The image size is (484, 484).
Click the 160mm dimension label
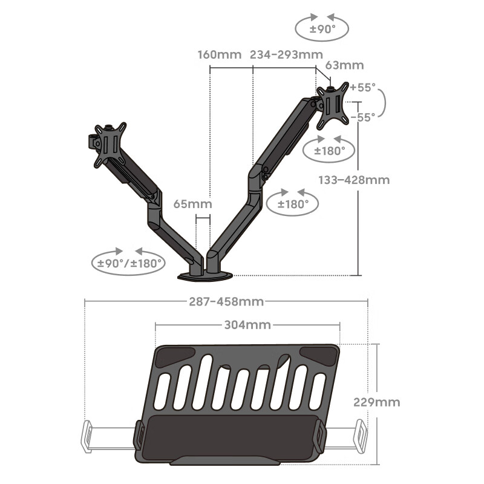220,54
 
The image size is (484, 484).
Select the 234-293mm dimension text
286,54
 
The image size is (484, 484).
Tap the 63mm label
344,65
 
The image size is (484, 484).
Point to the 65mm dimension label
192,204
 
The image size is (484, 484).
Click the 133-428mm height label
354,180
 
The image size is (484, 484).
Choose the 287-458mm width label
226,301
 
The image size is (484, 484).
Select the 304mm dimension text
247,325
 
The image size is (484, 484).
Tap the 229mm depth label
376,402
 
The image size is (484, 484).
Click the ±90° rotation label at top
322,29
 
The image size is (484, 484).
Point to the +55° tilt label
362,87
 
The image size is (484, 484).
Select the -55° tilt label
363,117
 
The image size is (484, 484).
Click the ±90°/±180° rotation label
129,263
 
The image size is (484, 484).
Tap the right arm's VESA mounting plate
333,105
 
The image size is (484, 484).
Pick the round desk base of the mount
205,276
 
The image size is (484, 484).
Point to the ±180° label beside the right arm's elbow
293,204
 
